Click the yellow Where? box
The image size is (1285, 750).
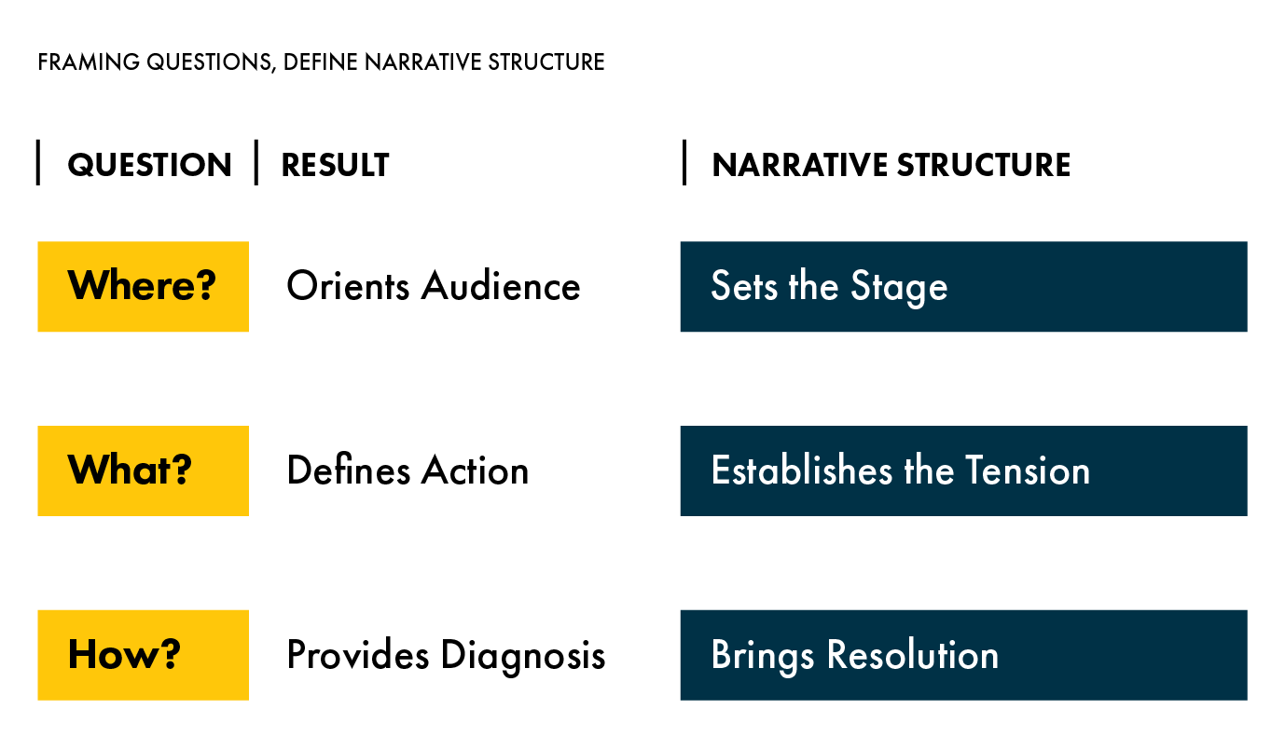click(x=144, y=286)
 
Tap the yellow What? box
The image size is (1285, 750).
click(x=144, y=471)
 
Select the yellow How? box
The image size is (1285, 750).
click(x=144, y=655)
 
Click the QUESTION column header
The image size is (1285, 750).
click(x=150, y=165)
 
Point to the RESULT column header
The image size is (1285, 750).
click(x=336, y=165)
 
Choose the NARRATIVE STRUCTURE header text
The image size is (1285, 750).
click(x=891, y=165)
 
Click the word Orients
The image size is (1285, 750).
click(x=348, y=285)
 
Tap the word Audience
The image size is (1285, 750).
click(x=501, y=285)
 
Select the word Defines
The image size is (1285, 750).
click(x=349, y=470)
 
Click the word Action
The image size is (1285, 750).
click(x=476, y=470)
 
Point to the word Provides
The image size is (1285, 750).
click(x=358, y=654)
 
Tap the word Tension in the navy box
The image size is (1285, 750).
click(x=1028, y=470)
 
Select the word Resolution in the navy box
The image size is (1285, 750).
click(x=913, y=654)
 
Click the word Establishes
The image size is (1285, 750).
click(x=802, y=470)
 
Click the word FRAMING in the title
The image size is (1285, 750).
click(x=89, y=61)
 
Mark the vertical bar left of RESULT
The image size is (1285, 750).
click(x=256, y=162)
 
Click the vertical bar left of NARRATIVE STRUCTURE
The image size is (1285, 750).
click(x=684, y=162)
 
